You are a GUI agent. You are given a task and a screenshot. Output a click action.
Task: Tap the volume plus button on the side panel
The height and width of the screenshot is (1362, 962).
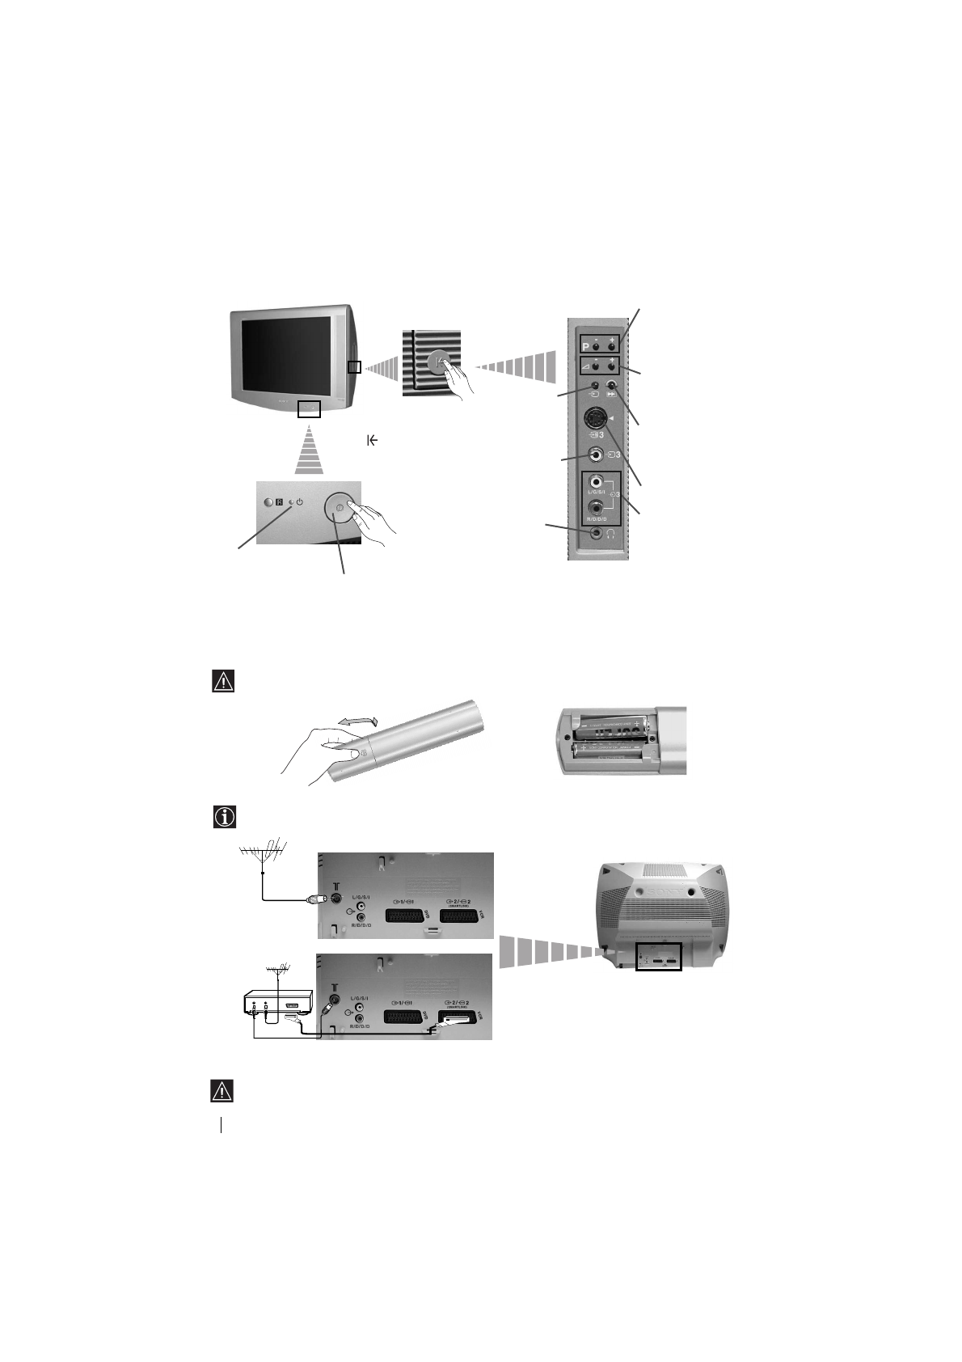pyautogui.click(x=612, y=363)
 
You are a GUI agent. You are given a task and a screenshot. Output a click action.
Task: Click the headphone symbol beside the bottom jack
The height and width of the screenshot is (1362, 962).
pyautogui.click(x=614, y=534)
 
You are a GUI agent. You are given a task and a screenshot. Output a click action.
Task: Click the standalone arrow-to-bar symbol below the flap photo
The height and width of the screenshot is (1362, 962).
pyautogui.click(x=373, y=440)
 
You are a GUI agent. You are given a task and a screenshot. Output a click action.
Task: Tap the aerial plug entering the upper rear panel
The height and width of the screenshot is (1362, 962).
pyautogui.click(x=315, y=899)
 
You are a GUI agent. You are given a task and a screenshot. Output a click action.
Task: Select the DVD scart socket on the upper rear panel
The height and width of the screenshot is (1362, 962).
pyautogui.click(x=403, y=916)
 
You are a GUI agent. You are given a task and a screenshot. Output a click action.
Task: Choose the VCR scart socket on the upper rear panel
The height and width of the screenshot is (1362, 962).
pyautogui.click(x=462, y=916)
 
